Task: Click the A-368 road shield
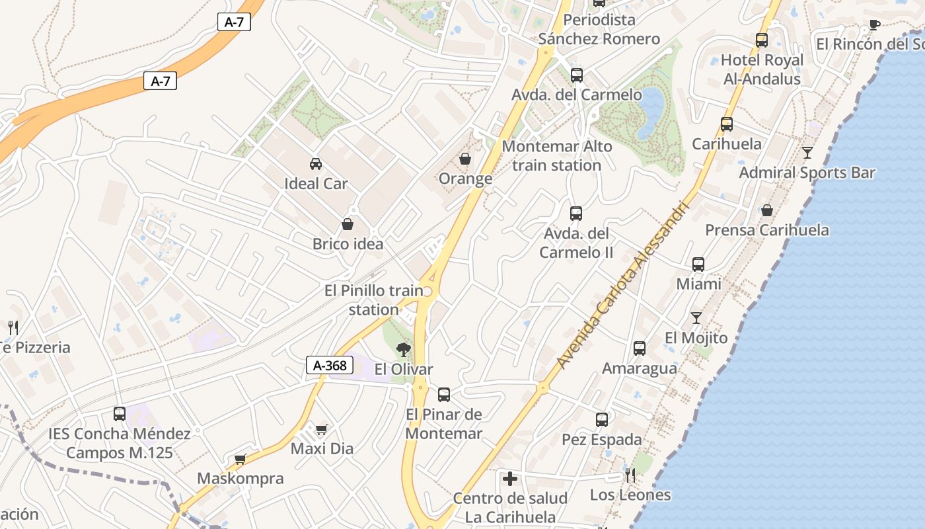pos(330,365)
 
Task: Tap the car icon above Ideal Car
pos(316,163)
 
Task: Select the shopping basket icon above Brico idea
pos(348,225)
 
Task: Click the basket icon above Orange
pos(465,159)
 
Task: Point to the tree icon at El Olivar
pos(403,349)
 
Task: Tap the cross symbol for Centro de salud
pos(510,478)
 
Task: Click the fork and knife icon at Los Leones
pos(630,475)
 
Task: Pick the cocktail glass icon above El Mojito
pos(696,318)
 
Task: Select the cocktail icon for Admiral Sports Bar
pos(807,153)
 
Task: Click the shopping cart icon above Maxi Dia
pos(322,430)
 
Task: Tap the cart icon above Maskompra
pos(240,459)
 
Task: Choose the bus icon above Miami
pos(698,264)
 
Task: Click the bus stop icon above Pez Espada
pos(602,420)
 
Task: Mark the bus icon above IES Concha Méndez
pos(120,414)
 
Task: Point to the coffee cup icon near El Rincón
pos(874,25)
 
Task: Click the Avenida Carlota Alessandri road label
pos(623,285)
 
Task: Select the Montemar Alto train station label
pos(556,155)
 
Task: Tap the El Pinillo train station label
pos(374,300)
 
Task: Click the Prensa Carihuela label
pos(767,230)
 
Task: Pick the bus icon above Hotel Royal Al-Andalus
pos(762,40)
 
